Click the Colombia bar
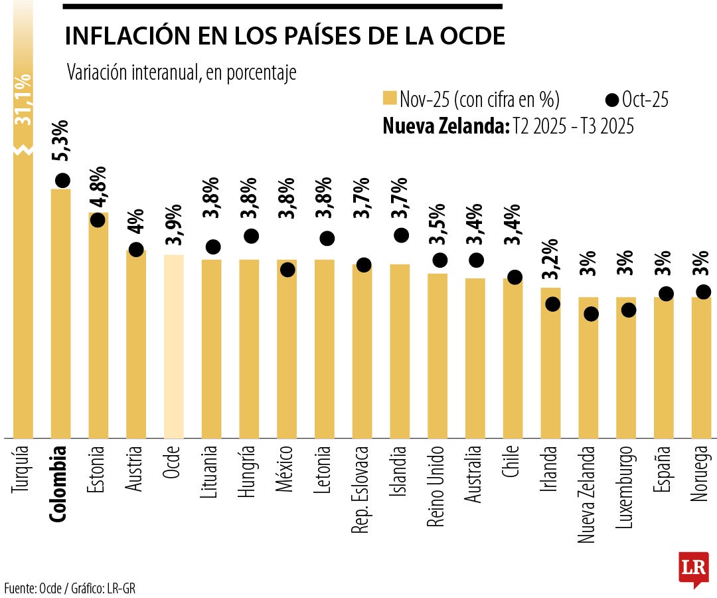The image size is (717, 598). click(60, 312)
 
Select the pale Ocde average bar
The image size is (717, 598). click(173, 346)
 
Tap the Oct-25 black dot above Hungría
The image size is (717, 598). click(251, 236)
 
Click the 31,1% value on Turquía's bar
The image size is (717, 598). click(24, 100)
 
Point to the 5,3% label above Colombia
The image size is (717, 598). click(61, 141)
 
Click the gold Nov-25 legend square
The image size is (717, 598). click(390, 99)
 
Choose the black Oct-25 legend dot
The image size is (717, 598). click(612, 100)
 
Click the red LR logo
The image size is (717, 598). click(692, 568)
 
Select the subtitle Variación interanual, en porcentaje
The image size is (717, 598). click(181, 73)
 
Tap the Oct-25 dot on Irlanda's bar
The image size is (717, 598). click(552, 304)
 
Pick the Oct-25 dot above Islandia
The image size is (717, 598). click(402, 235)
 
